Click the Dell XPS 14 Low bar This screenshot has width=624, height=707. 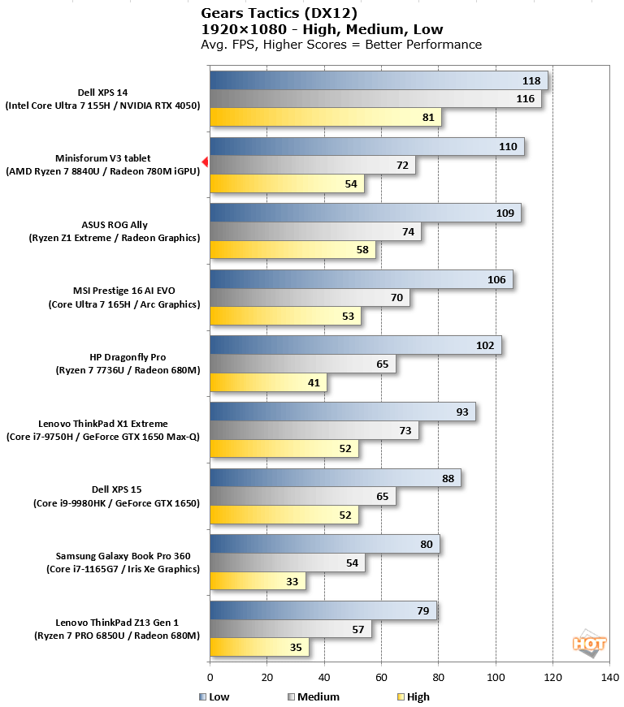(x=379, y=80)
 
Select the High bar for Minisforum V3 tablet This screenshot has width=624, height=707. (x=287, y=184)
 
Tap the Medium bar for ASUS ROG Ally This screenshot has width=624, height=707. (x=315, y=231)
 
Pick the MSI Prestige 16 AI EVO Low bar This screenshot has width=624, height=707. (x=361, y=280)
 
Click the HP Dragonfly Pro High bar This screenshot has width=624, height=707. (x=268, y=382)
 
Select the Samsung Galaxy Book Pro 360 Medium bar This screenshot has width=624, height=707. (x=287, y=563)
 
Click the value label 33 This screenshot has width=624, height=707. (x=291, y=581)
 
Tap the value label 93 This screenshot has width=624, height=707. (x=462, y=412)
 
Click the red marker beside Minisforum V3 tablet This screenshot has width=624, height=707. (x=206, y=164)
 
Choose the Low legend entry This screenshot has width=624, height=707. (x=214, y=696)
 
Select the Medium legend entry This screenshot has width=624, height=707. (x=314, y=696)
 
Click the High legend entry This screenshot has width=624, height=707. (x=414, y=696)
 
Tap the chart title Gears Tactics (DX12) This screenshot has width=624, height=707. (x=268, y=14)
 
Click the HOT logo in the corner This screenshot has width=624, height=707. (x=590, y=643)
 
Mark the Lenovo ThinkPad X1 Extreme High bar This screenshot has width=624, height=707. (x=284, y=449)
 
